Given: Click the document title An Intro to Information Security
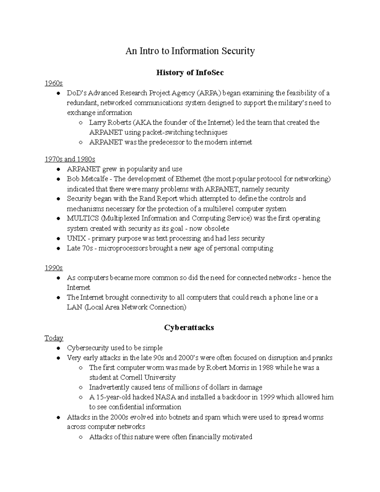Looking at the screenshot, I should (190, 51).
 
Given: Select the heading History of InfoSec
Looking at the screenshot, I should (190, 73).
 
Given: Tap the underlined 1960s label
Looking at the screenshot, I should (54, 83).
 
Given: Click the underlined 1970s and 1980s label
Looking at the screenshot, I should (70, 159).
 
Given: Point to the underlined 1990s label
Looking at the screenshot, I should (54, 268).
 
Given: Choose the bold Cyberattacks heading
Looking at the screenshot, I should (189, 328).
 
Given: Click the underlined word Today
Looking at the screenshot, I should (54, 338).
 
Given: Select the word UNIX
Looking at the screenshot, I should (76, 238).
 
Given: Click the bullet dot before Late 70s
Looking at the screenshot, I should (58, 248).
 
